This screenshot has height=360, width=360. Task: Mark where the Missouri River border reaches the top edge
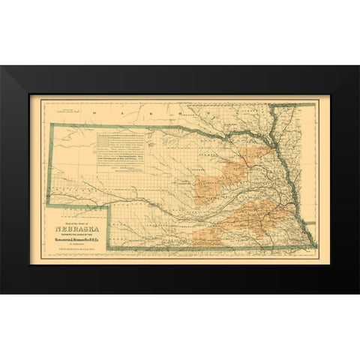coord(292,105)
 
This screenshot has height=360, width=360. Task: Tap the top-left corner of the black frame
coord(1,67)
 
